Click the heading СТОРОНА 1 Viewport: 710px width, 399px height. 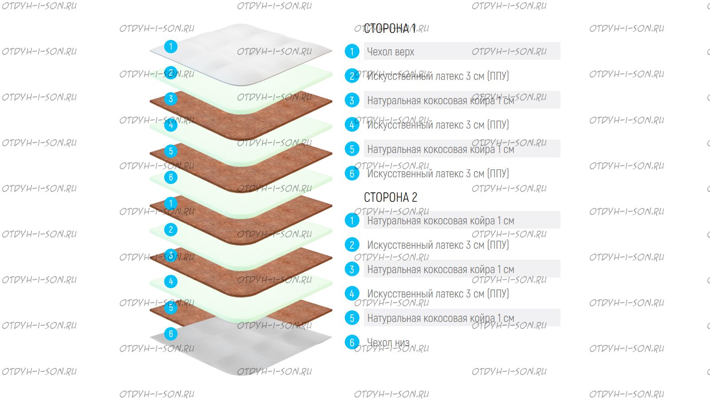click(390, 29)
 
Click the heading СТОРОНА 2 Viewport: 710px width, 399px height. click(390, 197)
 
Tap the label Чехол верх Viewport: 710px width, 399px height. click(390, 52)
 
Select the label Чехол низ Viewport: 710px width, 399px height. click(388, 342)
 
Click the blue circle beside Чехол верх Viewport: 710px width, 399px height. click(352, 51)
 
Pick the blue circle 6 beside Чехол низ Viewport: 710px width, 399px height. click(352, 342)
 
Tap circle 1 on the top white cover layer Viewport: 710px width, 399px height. click(171, 47)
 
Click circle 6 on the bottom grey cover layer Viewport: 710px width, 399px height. click(171, 334)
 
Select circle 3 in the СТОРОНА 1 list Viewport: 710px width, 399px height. click(352, 100)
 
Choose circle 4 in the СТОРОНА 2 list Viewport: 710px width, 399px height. click(352, 293)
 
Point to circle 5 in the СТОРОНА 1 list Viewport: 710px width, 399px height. click(352, 149)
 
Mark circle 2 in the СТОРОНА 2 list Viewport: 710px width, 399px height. click(352, 245)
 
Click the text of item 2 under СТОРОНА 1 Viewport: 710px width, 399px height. click(438, 76)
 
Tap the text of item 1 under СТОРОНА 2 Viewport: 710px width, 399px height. click(440, 221)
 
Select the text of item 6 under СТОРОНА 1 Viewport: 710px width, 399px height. click(438, 174)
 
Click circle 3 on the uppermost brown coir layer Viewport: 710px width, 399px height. click(171, 99)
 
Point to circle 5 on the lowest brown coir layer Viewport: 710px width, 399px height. click(171, 307)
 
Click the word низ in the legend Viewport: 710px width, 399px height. click(402, 342)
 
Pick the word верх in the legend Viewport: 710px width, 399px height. click(404, 52)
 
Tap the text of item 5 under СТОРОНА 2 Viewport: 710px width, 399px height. click(440, 318)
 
